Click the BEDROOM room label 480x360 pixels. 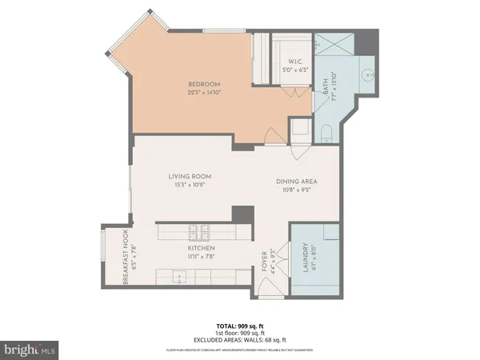tap(204, 84)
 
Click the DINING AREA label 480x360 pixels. tap(293, 182)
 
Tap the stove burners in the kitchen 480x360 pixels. tap(198, 233)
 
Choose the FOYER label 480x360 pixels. tap(264, 260)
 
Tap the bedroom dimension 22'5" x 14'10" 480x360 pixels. tap(204, 92)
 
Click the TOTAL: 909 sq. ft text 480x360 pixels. tap(240, 326)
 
